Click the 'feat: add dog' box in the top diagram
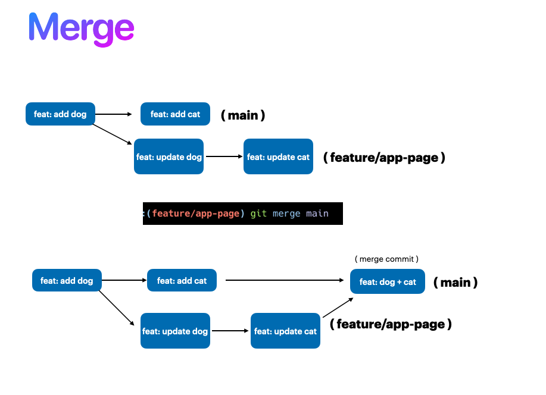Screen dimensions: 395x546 (x=60, y=114)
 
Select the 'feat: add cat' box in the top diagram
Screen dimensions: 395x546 (x=175, y=114)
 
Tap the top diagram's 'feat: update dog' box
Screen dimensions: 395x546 (x=169, y=156)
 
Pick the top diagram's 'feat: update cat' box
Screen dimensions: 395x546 (x=278, y=156)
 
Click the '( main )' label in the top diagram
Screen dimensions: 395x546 (x=243, y=115)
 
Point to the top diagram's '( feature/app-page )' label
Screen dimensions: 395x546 (x=384, y=158)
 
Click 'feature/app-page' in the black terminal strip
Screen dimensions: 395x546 (x=196, y=213)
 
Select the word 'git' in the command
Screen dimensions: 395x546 (x=258, y=213)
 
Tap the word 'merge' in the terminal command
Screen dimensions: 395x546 (x=286, y=213)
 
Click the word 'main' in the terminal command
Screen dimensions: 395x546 (x=317, y=213)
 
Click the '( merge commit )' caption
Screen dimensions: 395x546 (x=387, y=259)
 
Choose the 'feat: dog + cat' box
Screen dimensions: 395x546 (x=388, y=281)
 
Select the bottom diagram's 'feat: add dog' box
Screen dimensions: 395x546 (x=67, y=280)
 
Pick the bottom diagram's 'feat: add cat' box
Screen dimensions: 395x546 (x=182, y=280)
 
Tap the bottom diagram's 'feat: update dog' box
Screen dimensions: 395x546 (x=175, y=331)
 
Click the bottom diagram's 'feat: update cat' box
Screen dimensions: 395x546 (x=285, y=331)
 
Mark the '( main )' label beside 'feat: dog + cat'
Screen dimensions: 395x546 (x=455, y=282)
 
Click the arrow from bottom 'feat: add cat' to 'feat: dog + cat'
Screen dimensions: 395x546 (x=285, y=280)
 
